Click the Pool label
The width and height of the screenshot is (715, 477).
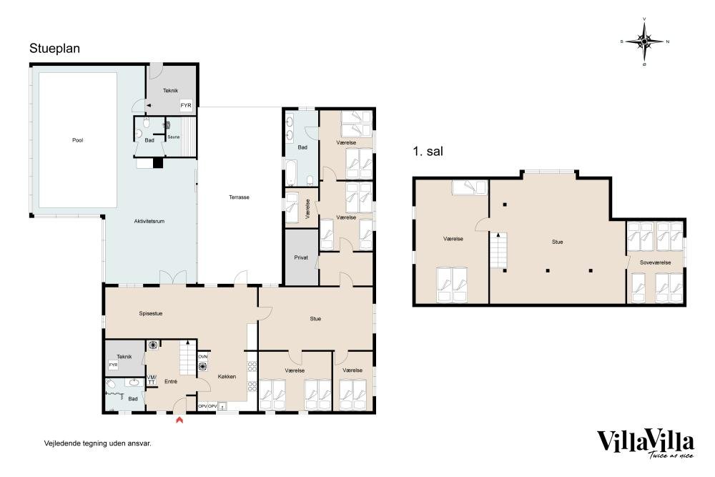point(77,140)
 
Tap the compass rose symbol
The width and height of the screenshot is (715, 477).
point(644,41)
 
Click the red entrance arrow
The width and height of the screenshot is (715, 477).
point(179,419)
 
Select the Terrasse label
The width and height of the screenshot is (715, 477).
point(239,197)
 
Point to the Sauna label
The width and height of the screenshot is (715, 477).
point(173,137)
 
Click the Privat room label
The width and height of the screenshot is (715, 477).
point(301,257)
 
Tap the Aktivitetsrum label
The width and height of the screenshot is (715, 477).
point(149,221)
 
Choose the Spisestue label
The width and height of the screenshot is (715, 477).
point(150,314)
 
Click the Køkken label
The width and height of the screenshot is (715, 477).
point(227,377)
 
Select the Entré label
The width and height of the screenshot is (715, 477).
point(171,382)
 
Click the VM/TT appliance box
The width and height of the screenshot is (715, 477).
point(152,380)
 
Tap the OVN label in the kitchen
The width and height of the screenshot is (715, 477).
point(203,357)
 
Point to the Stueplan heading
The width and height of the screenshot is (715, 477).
point(55,49)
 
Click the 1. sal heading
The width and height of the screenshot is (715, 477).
point(428,152)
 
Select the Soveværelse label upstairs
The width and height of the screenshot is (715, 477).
point(655,262)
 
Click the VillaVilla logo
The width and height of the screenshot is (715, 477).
point(646,443)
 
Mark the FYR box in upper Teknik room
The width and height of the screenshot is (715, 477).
point(186,105)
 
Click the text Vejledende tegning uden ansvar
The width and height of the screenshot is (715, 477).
point(97,443)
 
